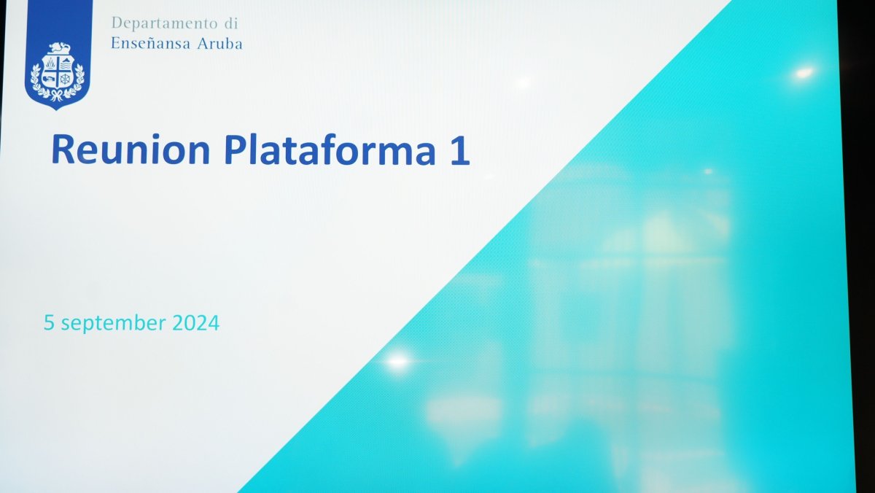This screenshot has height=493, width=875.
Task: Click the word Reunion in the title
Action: click(131, 150)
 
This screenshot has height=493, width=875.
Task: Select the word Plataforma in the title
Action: click(330, 150)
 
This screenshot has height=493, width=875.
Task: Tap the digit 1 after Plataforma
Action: click(459, 150)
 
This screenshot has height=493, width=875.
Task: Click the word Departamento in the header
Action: click(165, 23)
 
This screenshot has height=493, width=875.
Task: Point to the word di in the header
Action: click(231, 23)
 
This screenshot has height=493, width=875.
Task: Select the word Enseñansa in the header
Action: click(151, 43)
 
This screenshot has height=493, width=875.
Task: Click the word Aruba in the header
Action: click(219, 43)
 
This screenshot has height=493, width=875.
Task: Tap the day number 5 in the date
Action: click(49, 322)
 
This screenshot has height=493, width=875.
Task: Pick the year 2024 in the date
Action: click(195, 322)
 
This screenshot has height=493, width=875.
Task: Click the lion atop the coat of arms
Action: click(59, 48)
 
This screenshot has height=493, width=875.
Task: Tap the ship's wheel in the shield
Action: click(65, 79)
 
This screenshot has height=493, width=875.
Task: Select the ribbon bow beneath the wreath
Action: click(58, 95)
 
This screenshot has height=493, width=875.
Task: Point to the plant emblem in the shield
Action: click(51, 63)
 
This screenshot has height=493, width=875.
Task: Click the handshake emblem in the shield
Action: click(50, 79)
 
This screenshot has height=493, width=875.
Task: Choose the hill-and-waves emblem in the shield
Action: click(66, 63)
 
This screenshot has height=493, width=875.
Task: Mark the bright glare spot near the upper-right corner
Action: click(804, 73)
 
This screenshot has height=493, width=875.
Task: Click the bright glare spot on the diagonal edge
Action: click(398, 361)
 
